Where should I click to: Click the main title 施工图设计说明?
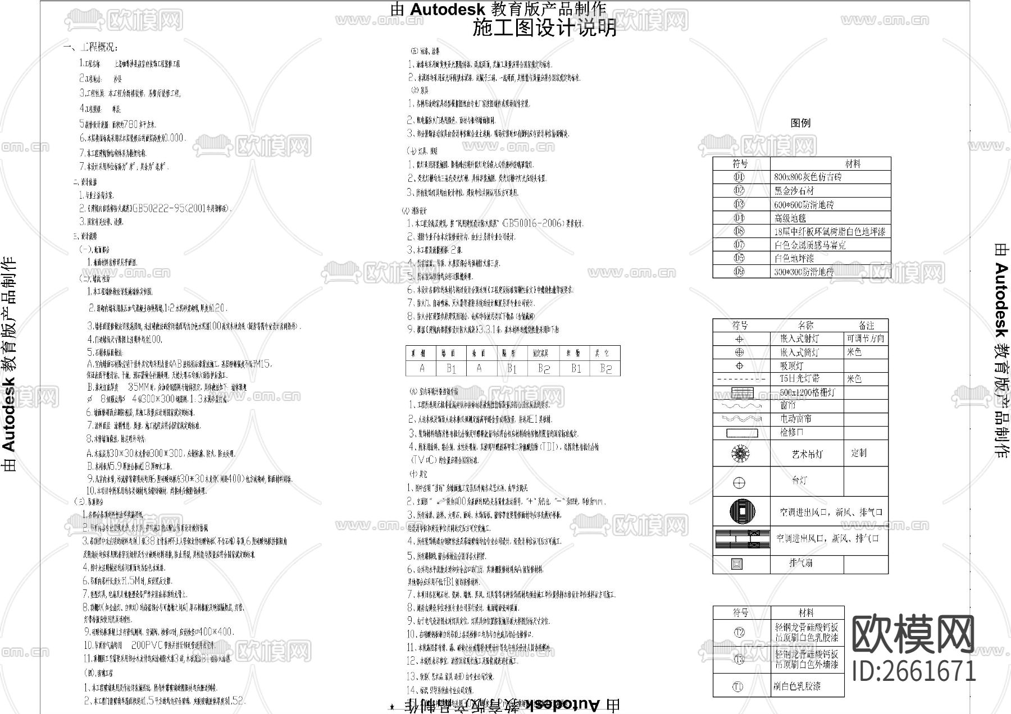pyautogui.click(x=544, y=28)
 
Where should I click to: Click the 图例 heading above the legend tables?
pyautogui.click(x=800, y=123)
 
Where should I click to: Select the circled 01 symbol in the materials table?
pyautogui.click(x=739, y=177)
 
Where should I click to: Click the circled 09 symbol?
pyautogui.click(x=739, y=272)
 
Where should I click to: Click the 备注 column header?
pyautogui.click(x=866, y=326)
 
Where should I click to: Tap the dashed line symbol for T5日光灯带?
pyautogui.click(x=740, y=379)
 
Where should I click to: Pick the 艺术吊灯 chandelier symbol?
pyautogui.click(x=740, y=454)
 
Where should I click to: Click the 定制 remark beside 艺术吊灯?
pyautogui.click(x=859, y=453)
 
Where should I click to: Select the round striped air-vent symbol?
pyautogui.click(x=742, y=511)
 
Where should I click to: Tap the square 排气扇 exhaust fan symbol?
pyautogui.click(x=737, y=564)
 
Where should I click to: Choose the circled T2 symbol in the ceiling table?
pyautogui.click(x=739, y=633)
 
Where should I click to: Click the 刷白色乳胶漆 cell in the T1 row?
pyautogui.click(x=797, y=686)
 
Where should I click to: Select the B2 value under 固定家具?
pyautogui.click(x=543, y=368)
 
